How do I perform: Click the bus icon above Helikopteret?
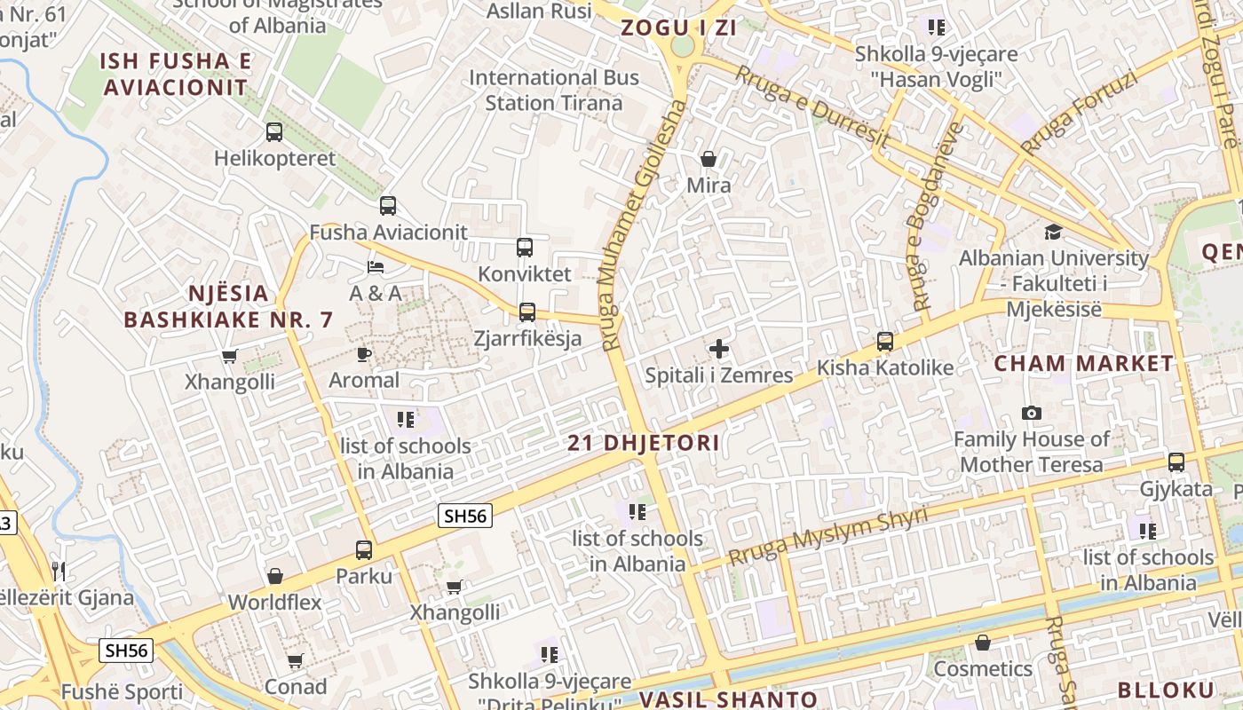[274, 132]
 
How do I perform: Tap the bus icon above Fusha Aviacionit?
[388, 206]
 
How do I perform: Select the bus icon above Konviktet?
[525, 248]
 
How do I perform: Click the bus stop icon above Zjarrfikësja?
[527, 312]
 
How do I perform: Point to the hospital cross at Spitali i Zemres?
[719, 349]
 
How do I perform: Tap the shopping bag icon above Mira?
[709, 159]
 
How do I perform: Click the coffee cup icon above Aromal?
[363, 354]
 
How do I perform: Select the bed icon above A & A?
[376, 267]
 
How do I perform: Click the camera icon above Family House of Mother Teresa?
[1032, 413]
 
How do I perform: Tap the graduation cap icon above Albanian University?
[1053, 233]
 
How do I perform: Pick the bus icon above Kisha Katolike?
[885, 342]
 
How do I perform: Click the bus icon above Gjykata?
[1176, 462]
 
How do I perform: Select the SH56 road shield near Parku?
[465, 516]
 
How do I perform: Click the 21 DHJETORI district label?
[644, 443]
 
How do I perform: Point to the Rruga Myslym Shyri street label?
[827, 536]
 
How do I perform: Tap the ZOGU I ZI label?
[679, 28]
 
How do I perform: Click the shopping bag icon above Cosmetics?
[983, 643]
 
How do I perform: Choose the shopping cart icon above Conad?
[296, 661]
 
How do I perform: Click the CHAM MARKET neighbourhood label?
[1083, 363]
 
